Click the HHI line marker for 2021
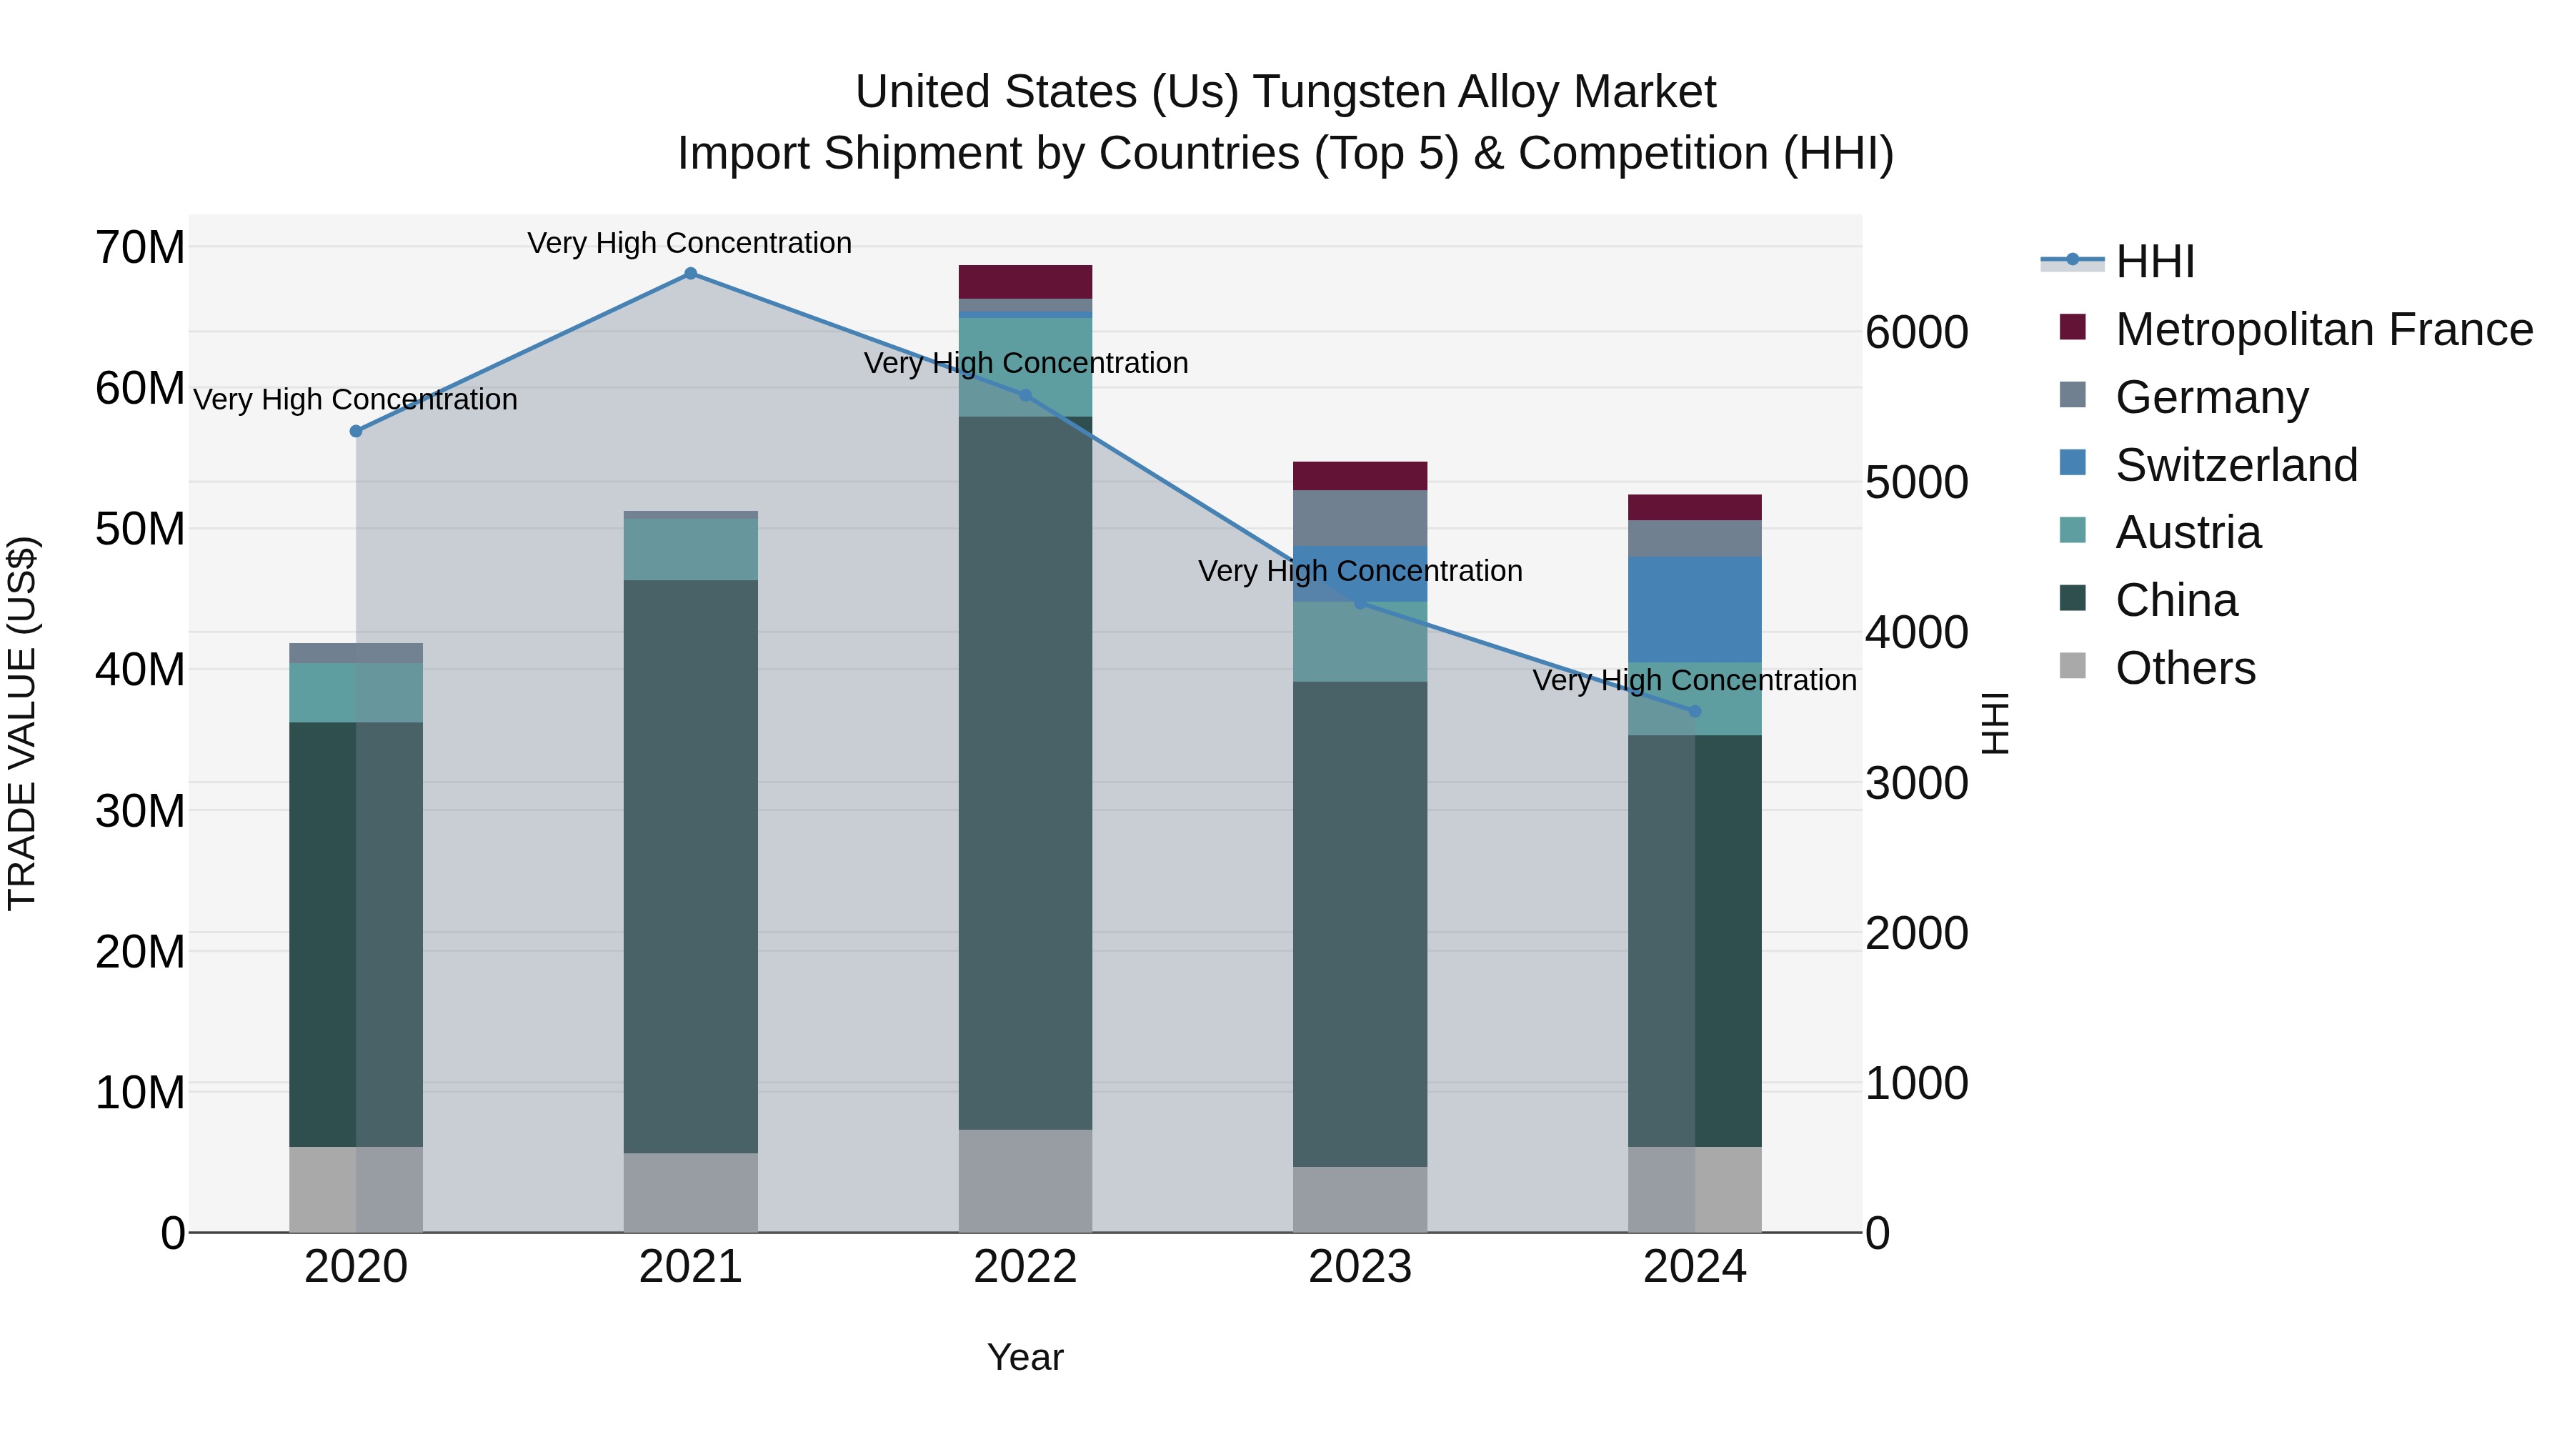[x=690, y=274]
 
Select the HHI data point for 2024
[x=1695, y=711]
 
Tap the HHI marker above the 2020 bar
[x=356, y=432]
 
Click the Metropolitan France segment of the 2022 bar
[x=1025, y=282]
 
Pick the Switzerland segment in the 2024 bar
[x=1695, y=609]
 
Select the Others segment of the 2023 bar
[x=1359, y=1198]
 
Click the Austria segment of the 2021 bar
[x=690, y=550]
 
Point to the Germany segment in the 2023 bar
[x=1359, y=517]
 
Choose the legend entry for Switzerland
[x=2235, y=465]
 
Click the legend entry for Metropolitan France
[x=2323, y=329]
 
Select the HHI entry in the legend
[x=2155, y=262]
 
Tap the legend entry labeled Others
[x=2185, y=668]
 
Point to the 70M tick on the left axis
[x=140, y=248]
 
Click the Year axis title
[x=1025, y=1357]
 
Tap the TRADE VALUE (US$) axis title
[x=22, y=723]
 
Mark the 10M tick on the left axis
[x=140, y=1093]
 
